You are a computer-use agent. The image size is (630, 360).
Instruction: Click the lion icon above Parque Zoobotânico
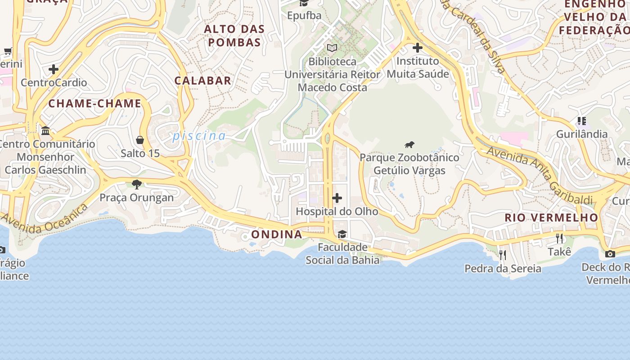pyautogui.click(x=409, y=145)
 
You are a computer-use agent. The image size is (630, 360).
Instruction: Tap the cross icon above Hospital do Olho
pyautogui.click(x=337, y=198)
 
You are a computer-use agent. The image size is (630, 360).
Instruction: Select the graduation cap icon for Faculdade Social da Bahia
pyautogui.click(x=342, y=234)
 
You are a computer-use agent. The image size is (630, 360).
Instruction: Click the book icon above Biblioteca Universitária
pyautogui.click(x=332, y=48)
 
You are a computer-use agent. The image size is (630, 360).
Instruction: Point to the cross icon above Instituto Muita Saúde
pyautogui.click(x=418, y=47)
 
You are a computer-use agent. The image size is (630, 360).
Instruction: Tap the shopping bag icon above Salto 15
pyautogui.click(x=140, y=140)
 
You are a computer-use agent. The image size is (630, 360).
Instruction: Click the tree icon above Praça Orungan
pyautogui.click(x=137, y=184)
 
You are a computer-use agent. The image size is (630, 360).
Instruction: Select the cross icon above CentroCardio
pyautogui.click(x=54, y=69)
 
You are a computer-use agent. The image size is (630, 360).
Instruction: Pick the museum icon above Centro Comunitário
pyautogui.click(x=45, y=131)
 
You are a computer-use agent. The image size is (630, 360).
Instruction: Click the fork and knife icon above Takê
pyautogui.click(x=559, y=238)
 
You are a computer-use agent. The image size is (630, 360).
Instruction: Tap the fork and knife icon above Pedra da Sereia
pyautogui.click(x=503, y=255)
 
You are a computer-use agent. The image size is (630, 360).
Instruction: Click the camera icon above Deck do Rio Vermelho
pyautogui.click(x=610, y=254)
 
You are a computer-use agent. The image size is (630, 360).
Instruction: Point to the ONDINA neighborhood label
pyautogui.click(x=276, y=234)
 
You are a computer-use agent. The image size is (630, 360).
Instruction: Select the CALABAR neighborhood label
pyautogui.click(x=203, y=81)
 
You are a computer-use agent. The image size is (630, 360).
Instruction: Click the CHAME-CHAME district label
pyautogui.click(x=95, y=103)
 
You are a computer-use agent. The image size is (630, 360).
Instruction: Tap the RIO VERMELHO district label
pyautogui.click(x=551, y=218)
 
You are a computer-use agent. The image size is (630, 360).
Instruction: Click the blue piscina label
pyautogui.click(x=199, y=135)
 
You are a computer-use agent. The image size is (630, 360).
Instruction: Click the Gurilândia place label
pyautogui.click(x=582, y=134)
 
